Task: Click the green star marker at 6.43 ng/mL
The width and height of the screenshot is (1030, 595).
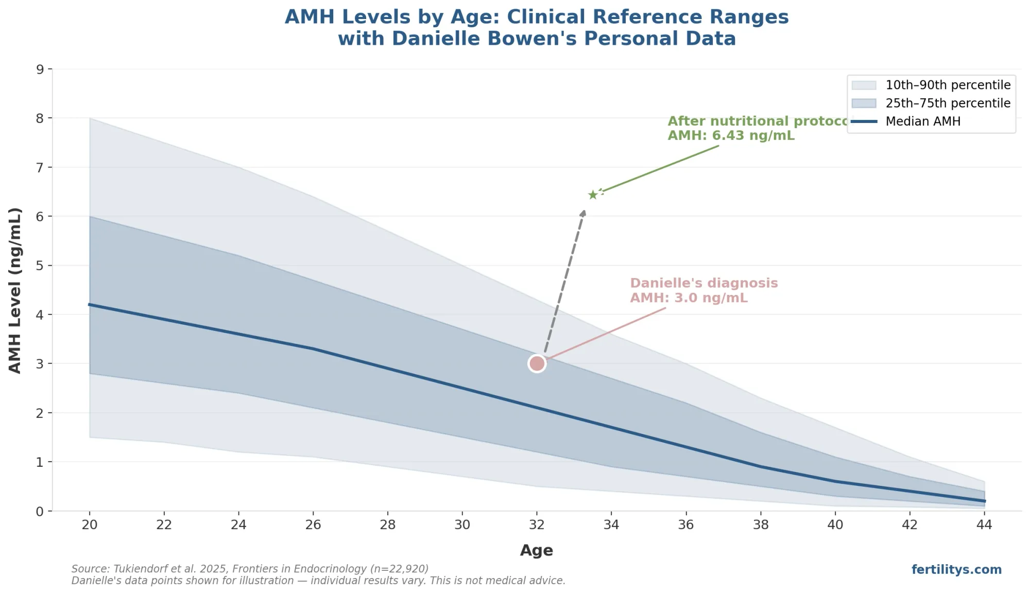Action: point(593,195)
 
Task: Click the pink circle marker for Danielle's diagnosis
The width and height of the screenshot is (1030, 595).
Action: point(537,363)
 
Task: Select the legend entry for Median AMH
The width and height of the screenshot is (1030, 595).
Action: point(922,121)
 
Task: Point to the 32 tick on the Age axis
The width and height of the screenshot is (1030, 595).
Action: point(537,524)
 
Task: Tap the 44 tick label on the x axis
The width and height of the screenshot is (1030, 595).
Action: point(984,524)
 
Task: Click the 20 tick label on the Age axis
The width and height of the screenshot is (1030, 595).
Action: point(90,524)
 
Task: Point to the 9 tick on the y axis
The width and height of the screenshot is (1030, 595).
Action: point(40,69)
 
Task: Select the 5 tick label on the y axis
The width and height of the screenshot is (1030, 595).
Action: point(40,266)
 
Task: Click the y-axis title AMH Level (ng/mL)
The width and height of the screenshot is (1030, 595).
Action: point(15,290)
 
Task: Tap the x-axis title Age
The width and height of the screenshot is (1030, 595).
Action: point(536,550)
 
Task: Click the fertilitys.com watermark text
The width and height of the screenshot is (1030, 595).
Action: point(956,569)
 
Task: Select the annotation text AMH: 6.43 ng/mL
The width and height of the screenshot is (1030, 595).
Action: point(731,136)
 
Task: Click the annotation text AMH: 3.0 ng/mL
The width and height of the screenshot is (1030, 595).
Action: point(689,298)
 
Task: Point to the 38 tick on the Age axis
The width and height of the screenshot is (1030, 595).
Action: point(761,524)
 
